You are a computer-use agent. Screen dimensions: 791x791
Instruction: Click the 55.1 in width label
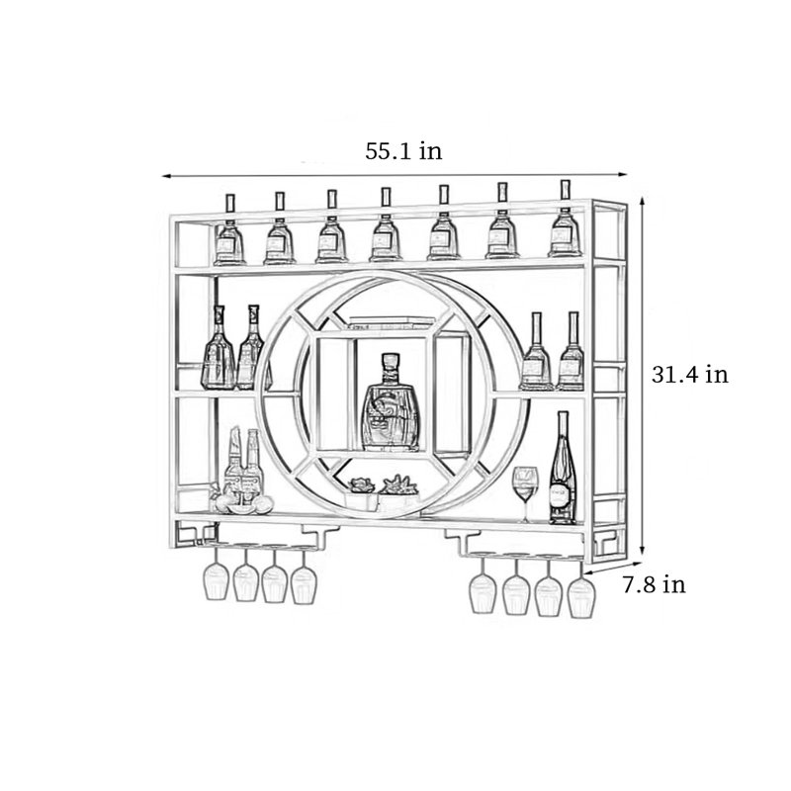[403, 151]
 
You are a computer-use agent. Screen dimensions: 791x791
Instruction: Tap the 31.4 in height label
[690, 375]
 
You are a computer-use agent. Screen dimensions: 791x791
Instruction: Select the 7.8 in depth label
[654, 584]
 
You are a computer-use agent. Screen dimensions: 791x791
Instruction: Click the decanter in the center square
[391, 402]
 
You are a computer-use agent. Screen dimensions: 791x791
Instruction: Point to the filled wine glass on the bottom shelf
[525, 493]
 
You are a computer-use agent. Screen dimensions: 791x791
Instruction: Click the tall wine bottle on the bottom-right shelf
[563, 468]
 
